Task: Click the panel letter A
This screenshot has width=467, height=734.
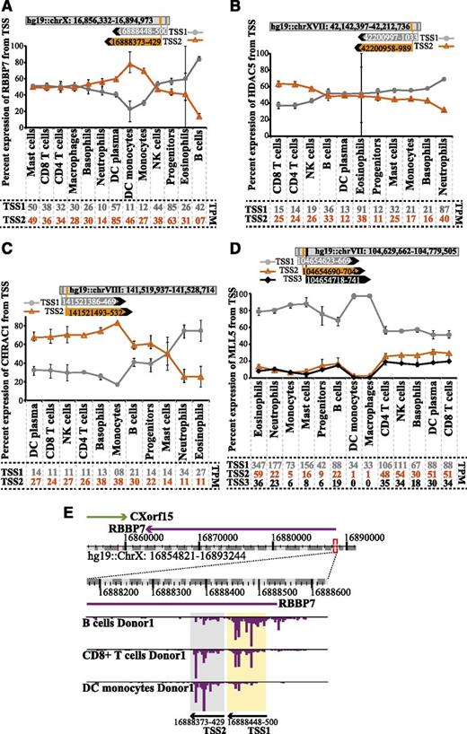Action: (x=7, y=7)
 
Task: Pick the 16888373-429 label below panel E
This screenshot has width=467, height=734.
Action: (x=204, y=718)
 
